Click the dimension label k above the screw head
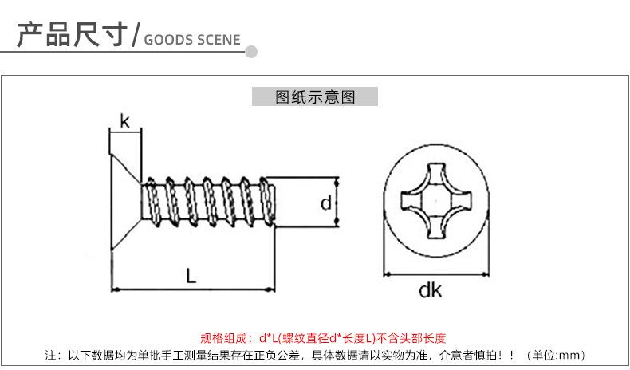[x=125, y=121]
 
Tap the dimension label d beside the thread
[x=326, y=203]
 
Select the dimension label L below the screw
[x=191, y=276]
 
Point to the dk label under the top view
[x=430, y=289]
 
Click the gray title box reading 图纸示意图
[x=314, y=96]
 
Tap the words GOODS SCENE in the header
[x=192, y=40]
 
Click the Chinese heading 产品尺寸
[x=73, y=34]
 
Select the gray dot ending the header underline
[x=251, y=52]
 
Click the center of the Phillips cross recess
[x=436, y=200]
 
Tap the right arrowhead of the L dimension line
[x=272, y=289]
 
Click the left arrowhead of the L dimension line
[x=116, y=289]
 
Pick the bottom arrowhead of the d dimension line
[x=337, y=222]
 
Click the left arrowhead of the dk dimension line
[x=388, y=274]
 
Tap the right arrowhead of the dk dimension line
[x=485, y=274]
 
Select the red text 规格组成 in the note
[x=223, y=338]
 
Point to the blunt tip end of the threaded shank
[x=274, y=203]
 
